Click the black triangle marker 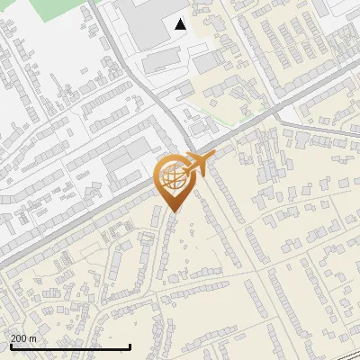click(x=181, y=24)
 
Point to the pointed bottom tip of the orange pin click(x=174, y=212)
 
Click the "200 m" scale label click(x=23, y=338)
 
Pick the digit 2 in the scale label click(x=13, y=338)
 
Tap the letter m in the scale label click(x=34, y=338)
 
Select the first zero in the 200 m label click(x=19, y=338)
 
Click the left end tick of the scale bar click(x=10, y=346)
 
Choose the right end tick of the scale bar click(x=130, y=346)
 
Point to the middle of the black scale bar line click(x=70, y=347)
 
